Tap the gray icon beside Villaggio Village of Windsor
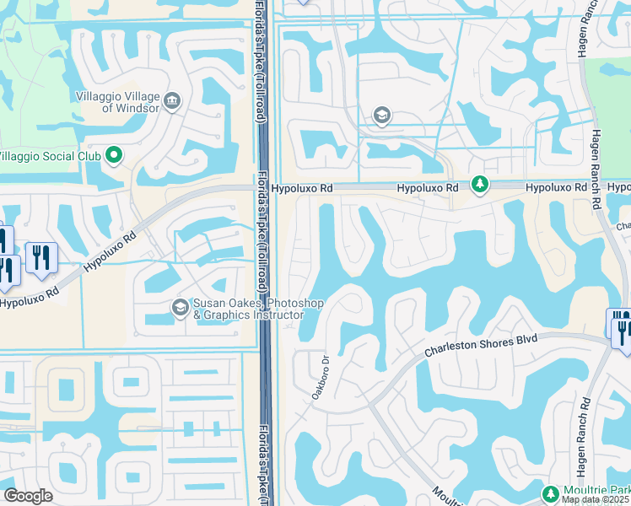pos(173,101)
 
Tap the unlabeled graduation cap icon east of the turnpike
pos(381,116)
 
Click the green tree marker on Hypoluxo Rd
pos(479,184)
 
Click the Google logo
pos(28,496)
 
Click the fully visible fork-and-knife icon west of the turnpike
pos(40,256)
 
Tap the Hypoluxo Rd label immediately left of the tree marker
pos(428,188)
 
